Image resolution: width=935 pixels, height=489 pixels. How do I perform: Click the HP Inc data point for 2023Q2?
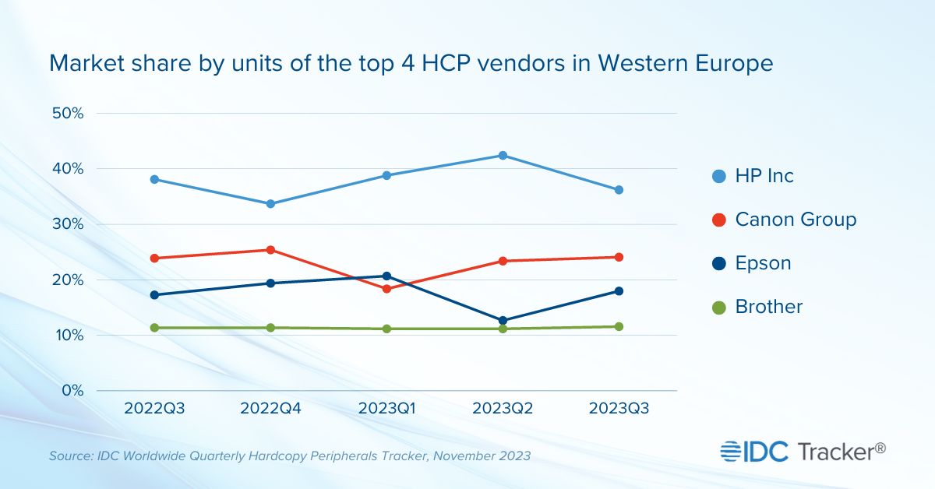tap(503, 156)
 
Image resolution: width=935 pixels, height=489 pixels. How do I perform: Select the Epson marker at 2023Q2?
tap(503, 320)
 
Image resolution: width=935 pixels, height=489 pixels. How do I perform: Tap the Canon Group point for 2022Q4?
tap(270, 250)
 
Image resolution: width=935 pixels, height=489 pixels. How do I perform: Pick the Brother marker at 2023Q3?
tap(619, 326)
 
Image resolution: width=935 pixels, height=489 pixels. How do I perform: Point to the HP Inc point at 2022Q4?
tap(270, 204)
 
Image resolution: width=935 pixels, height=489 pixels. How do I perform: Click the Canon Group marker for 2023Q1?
tap(386, 289)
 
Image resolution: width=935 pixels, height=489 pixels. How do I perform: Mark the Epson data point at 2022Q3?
tap(154, 295)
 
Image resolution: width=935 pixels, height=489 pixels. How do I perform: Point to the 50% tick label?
tap(67, 113)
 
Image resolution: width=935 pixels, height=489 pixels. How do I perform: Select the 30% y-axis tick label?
tap(67, 224)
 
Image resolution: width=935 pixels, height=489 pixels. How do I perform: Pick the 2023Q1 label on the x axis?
tap(386, 409)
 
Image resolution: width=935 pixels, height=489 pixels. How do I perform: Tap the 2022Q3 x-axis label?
tap(154, 409)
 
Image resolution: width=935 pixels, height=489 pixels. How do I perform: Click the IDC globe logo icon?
tap(732, 451)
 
